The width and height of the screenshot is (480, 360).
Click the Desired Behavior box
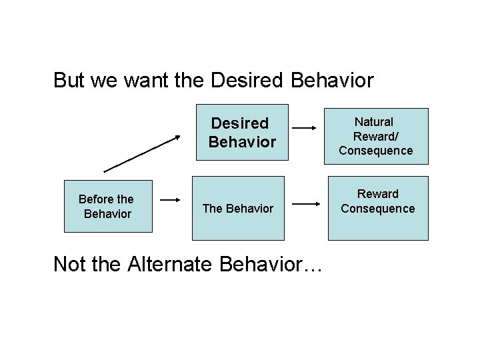coord(241,132)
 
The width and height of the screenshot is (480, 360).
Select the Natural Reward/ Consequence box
coord(377,136)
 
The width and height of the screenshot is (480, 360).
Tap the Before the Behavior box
coord(108,206)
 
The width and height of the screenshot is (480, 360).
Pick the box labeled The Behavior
coord(237,208)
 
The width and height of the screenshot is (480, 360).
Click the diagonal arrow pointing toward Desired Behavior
coord(142,153)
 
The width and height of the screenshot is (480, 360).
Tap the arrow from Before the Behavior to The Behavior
coord(171,199)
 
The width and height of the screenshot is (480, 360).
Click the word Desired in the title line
coord(247,81)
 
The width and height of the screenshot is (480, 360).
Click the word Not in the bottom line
coord(69,264)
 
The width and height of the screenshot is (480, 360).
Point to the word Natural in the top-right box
coord(374,122)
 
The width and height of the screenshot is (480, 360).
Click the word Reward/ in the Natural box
coord(375,136)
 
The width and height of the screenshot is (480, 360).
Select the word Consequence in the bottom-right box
coord(377,209)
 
